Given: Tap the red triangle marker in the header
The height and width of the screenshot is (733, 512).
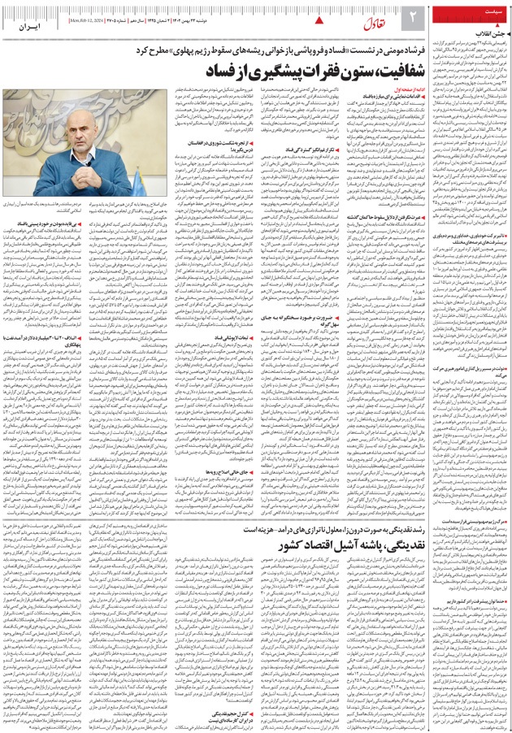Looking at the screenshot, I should [x=320, y=17].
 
